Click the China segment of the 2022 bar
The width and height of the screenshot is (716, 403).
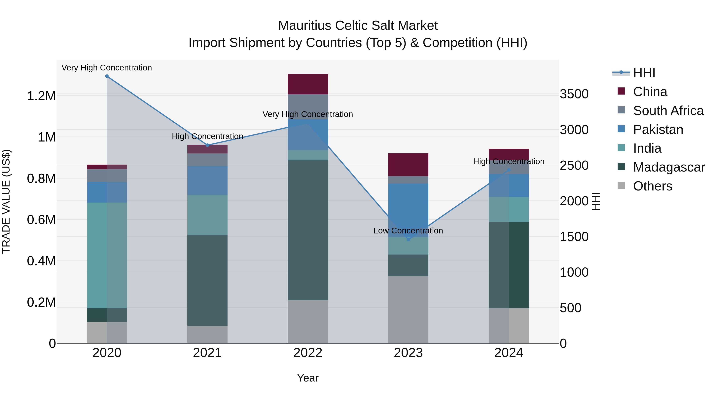pyautogui.click(x=308, y=84)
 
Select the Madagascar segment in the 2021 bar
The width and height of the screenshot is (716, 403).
pyautogui.click(x=207, y=280)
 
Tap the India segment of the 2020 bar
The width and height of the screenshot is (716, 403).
pyautogui.click(x=107, y=255)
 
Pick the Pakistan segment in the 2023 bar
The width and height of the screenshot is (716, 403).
pyautogui.click(x=408, y=210)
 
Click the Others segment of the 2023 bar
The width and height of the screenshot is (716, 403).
pyautogui.click(x=408, y=309)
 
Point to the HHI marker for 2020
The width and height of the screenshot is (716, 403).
pyautogui.click(x=107, y=76)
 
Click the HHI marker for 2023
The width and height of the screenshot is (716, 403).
pyautogui.click(x=408, y=239)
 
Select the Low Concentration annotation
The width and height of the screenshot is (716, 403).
pyautogui.click(x=408, y=231)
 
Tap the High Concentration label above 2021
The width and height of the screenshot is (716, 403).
pyautogui.click(x=207, y=136)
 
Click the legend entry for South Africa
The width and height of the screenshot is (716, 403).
pyautogui.click(x=668, y=110)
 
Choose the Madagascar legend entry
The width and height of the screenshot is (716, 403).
pyautogui.click(x=668, y=167)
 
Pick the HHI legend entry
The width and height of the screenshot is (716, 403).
pyautogui.click(x=644, y=73)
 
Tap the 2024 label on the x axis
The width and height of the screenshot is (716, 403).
pyautogui.click(x=508, y=353)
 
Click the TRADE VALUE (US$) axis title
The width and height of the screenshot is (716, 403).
pyautogui.click(x=6, y=201)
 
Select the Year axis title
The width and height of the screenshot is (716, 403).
pyautogui.click(x=308, y=378)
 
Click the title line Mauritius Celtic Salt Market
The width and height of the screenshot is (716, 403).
pyautogui.click(x=358, y=26)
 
